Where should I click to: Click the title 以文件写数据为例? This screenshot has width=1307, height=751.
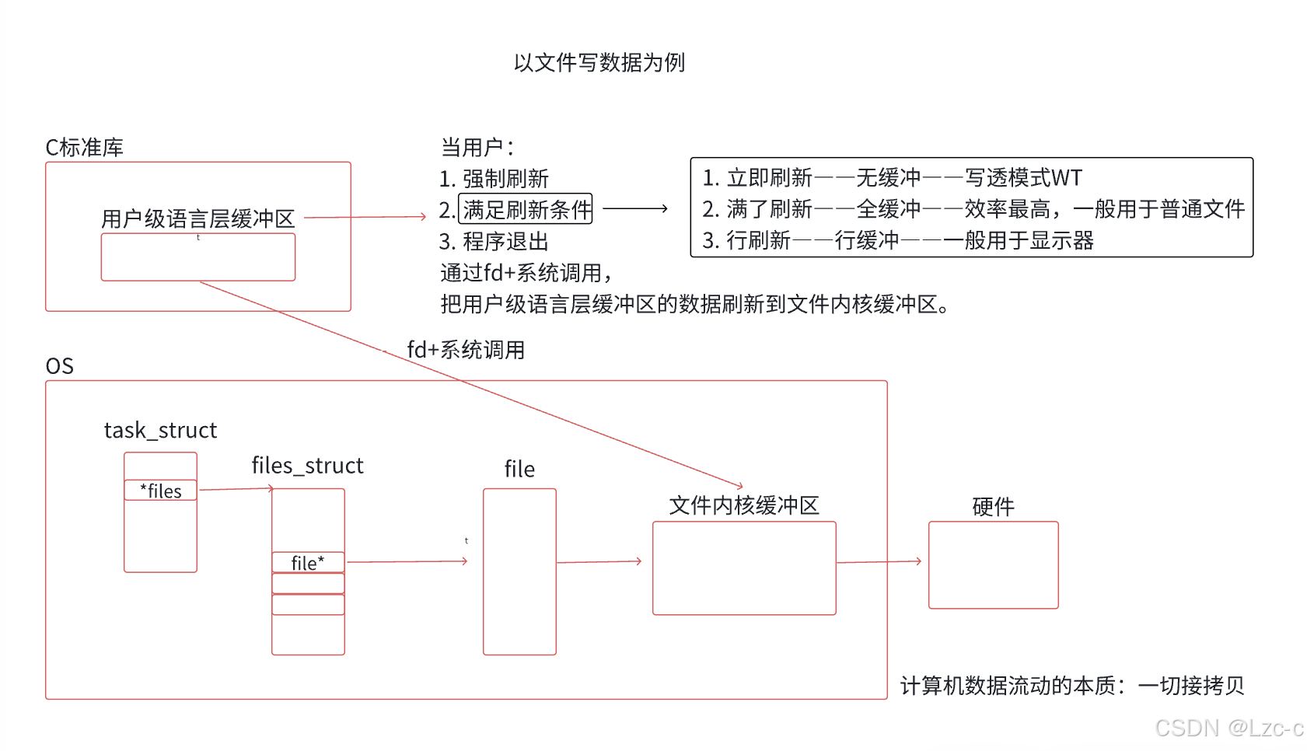(599, 62)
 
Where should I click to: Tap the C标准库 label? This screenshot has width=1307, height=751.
(85, 148)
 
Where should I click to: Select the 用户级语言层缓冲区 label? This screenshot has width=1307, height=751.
(197, 218)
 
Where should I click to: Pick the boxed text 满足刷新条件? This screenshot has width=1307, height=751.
(526, 209)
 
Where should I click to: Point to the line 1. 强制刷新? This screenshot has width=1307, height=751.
(494, 179)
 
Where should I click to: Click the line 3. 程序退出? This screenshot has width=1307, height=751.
(494, 241)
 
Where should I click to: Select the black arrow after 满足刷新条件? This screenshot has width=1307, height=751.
(634, 208)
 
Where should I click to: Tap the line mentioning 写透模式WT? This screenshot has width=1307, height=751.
(892, 177)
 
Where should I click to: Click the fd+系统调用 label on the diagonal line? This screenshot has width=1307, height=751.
(466, 350)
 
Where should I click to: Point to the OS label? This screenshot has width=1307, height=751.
(60, 366)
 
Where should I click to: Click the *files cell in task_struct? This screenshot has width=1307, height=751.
(160, 490)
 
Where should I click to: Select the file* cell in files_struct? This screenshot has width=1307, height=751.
(308, 563)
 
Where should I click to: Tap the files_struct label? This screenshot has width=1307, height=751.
(307, 466)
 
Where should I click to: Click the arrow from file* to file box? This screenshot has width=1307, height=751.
(407, 561)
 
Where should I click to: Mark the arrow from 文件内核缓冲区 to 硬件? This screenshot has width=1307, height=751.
(879, 561)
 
